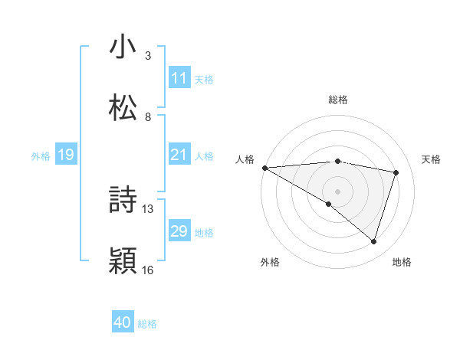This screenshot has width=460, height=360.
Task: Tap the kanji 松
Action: pos(123,106)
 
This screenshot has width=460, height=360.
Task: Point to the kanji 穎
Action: pos(123,260)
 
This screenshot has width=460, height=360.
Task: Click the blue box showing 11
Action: pos(179,77)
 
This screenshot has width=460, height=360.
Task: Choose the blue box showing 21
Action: pos(179,155)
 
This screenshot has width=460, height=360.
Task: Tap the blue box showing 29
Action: pos(179,231)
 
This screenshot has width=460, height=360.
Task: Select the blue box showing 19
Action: pos(65,155)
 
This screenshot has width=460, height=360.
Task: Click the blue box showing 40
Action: pos(123,323)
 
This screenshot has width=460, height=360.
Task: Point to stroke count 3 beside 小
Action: pos(148,56)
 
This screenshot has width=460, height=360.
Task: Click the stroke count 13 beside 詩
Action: pos(148,208)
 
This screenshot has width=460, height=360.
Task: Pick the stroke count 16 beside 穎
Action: pos(148,270)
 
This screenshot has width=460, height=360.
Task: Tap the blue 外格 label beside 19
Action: pos(41,156)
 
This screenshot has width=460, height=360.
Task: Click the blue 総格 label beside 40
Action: pos(147,324)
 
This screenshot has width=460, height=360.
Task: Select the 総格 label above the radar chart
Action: pos(338,100)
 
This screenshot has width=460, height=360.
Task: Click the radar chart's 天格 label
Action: pos(432,159)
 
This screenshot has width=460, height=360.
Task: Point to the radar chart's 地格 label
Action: pos(402,262)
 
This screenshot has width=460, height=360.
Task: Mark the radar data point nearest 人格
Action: pos(264,168)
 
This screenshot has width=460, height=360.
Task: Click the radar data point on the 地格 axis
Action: pos(373,241)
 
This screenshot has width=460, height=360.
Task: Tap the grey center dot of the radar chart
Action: pos(337,190)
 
